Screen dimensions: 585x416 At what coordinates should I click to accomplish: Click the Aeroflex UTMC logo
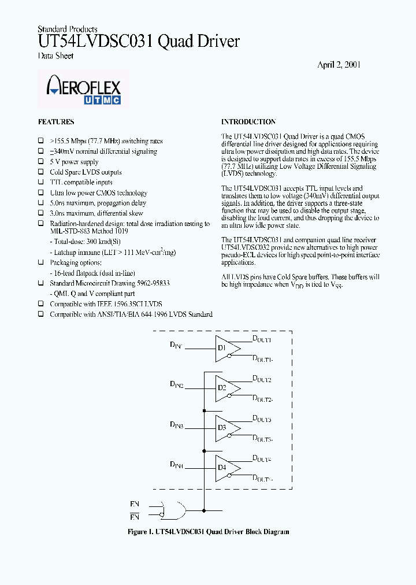click(83, 90)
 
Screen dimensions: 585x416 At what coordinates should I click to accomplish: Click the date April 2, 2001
click(339, 65)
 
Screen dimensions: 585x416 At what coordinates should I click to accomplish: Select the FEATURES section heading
click(56, 122)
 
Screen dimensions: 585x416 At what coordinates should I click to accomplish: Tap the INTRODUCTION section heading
click(248, 122)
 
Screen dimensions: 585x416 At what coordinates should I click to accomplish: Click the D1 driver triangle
click(226, 349)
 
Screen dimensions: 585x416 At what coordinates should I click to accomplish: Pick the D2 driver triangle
click(226, 388)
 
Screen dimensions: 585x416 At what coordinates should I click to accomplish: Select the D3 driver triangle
click(226, 428)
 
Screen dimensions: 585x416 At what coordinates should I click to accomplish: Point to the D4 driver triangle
click(226, 468)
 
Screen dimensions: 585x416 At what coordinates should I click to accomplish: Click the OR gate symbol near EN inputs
click(174, 510)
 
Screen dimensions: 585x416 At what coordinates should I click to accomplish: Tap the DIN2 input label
click(176, 384)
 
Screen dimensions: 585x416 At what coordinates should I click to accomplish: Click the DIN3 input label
click(176, 425)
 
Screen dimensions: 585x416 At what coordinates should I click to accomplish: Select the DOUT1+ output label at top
click(262, 339)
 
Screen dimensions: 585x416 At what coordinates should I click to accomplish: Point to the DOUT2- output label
click(262, 399)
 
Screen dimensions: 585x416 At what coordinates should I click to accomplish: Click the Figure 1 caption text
click(208, 532)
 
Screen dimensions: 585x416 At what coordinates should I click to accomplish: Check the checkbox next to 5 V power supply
click(41, 162)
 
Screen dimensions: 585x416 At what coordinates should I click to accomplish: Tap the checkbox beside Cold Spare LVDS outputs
click(41, 172)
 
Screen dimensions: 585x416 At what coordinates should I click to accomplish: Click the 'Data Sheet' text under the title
click(55, 56)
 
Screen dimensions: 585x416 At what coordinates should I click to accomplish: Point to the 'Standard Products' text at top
click(67, 29)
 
